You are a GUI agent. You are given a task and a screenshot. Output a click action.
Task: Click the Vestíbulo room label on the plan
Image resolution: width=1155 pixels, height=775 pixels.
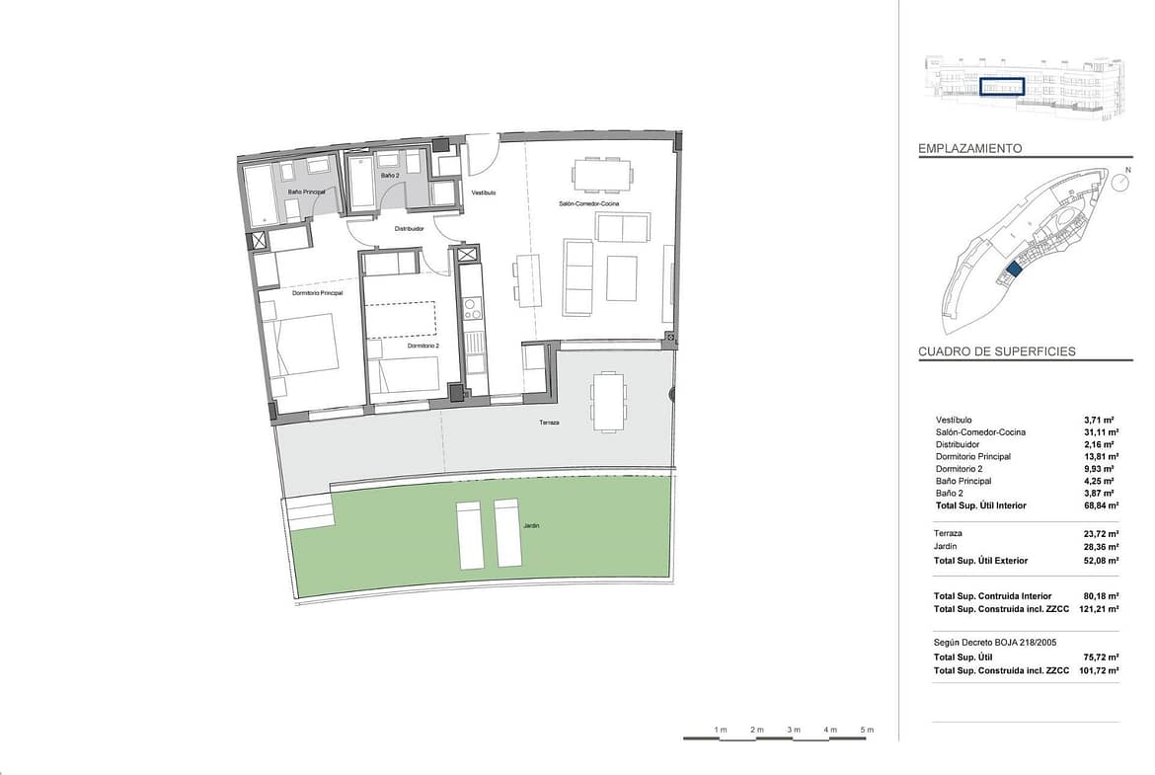pos(483,193)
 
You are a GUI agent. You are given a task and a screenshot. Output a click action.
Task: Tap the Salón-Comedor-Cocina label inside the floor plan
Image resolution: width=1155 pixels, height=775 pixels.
pos(588,203)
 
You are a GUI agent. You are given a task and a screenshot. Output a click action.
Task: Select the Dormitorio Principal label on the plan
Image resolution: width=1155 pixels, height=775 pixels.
pos(318,293)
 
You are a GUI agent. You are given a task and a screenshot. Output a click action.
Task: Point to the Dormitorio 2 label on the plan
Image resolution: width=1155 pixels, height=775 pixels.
pos(423,346)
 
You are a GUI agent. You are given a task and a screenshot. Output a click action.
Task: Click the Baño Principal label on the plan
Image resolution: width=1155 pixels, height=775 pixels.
pos(306,193)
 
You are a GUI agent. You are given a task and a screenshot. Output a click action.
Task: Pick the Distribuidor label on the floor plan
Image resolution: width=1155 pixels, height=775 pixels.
pos(409,229)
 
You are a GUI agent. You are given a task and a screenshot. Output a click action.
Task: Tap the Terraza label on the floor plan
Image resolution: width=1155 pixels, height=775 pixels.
pos(550,423)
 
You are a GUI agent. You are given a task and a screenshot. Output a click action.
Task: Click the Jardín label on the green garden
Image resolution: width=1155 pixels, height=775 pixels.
pos(531,526)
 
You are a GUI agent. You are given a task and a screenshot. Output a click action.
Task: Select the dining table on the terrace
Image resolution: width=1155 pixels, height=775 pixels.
pos(608,402)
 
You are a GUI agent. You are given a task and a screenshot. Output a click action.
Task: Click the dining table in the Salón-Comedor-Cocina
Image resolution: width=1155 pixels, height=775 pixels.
pos(602,174)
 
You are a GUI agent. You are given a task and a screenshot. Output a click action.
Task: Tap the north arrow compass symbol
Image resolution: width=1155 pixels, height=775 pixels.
pos(1120,182)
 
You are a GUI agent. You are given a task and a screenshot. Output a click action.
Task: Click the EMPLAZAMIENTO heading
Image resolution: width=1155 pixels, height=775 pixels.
pos(970,149)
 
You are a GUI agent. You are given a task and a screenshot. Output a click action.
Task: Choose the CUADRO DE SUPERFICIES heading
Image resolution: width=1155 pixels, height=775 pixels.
pos(997,351)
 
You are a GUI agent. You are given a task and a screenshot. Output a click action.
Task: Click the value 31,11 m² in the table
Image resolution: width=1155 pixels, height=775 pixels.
pos(1102,432)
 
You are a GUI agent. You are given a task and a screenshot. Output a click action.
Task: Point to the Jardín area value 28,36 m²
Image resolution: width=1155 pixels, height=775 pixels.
pos(1102,547)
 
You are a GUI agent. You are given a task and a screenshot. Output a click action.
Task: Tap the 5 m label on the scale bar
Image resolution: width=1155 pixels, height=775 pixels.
pos(867,730)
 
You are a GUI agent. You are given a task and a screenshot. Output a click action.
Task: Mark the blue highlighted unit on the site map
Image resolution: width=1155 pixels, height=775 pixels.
pos(1013,269)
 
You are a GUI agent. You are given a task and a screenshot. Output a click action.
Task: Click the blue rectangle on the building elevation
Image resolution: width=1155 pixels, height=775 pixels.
pos(1002,87)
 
